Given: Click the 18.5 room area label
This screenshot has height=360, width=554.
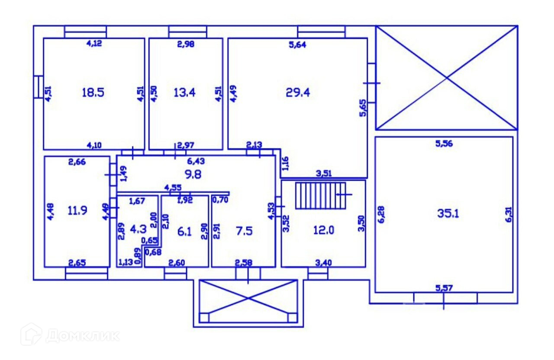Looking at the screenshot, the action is pos(93,92).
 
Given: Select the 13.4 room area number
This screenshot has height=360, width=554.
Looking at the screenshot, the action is pos(184,92).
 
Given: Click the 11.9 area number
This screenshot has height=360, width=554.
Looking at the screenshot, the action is pos(77,211).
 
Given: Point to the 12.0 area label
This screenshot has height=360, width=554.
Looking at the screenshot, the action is pos(324,230).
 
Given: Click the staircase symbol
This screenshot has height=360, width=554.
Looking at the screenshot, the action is pos(321,196).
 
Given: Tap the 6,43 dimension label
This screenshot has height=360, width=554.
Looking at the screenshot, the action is pos(196,161).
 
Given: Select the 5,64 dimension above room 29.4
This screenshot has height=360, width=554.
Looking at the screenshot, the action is pos(297,45).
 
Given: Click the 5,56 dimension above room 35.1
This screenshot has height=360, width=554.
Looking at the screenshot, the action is pos(444,144).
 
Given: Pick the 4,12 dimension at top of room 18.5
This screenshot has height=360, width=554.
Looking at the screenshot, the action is pos(95,43).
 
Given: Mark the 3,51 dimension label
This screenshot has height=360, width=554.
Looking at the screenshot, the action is pos(324,174).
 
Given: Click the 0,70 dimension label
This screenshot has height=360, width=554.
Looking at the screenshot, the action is pos(220,200).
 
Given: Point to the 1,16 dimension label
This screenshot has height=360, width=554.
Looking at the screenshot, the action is pos(285,163).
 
